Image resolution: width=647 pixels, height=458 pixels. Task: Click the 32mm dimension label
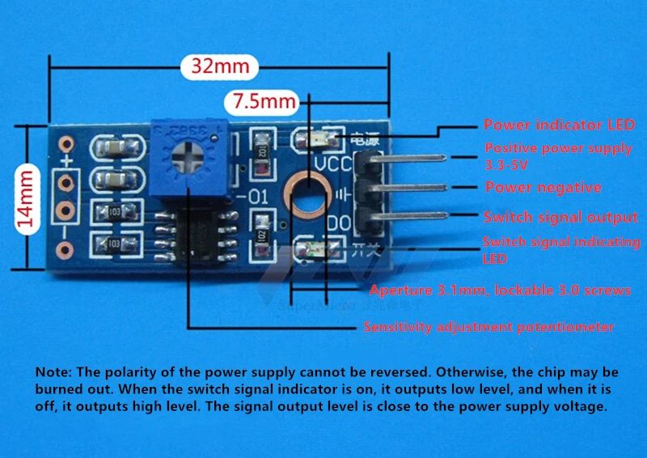pyautogui.click(x=220, y=66)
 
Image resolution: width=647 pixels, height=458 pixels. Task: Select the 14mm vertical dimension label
pyautogui.click(x=27, y=195)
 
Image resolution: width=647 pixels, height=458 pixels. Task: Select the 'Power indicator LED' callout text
pyautogui.click(x=559, y=125)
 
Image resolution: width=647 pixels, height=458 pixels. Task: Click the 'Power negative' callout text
pyautogui.click(x=543, y=188)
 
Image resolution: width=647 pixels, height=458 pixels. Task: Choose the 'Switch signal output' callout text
pyautogui.click(x=560, y=218)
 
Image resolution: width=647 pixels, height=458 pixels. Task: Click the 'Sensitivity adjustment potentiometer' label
pyautogui.click(x=488, y=328)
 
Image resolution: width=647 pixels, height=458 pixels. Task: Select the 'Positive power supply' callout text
pyautogui.click(x=558, y=148)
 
